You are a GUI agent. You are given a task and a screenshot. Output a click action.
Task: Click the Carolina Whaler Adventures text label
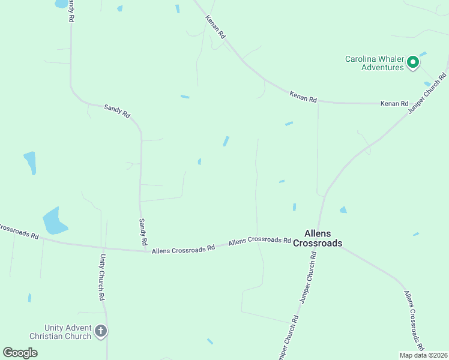coord(375,63)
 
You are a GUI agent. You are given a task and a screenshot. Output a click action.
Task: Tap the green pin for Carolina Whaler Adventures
coord(413,62)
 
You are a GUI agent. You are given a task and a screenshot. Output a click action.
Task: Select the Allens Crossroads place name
coord(318,238)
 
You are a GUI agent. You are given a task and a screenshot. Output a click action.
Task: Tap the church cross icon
coord(101,331)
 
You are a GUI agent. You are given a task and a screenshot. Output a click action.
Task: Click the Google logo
coord(20,353)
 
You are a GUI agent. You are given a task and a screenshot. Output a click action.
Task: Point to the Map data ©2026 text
coord(423,355)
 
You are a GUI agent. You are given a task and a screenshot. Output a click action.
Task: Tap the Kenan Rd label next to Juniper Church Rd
coord(394,104)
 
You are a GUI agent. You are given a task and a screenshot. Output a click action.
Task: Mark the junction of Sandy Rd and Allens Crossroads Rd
coord(141,250)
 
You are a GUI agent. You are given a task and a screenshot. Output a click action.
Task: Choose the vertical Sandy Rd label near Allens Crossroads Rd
coord(143,232)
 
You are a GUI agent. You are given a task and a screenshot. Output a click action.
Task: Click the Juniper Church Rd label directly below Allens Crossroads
coord(307,276)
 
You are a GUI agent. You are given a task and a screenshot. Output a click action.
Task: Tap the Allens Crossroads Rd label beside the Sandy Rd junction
coord(183,249)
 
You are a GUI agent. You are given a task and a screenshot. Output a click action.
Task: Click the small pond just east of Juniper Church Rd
coord(343,210)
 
